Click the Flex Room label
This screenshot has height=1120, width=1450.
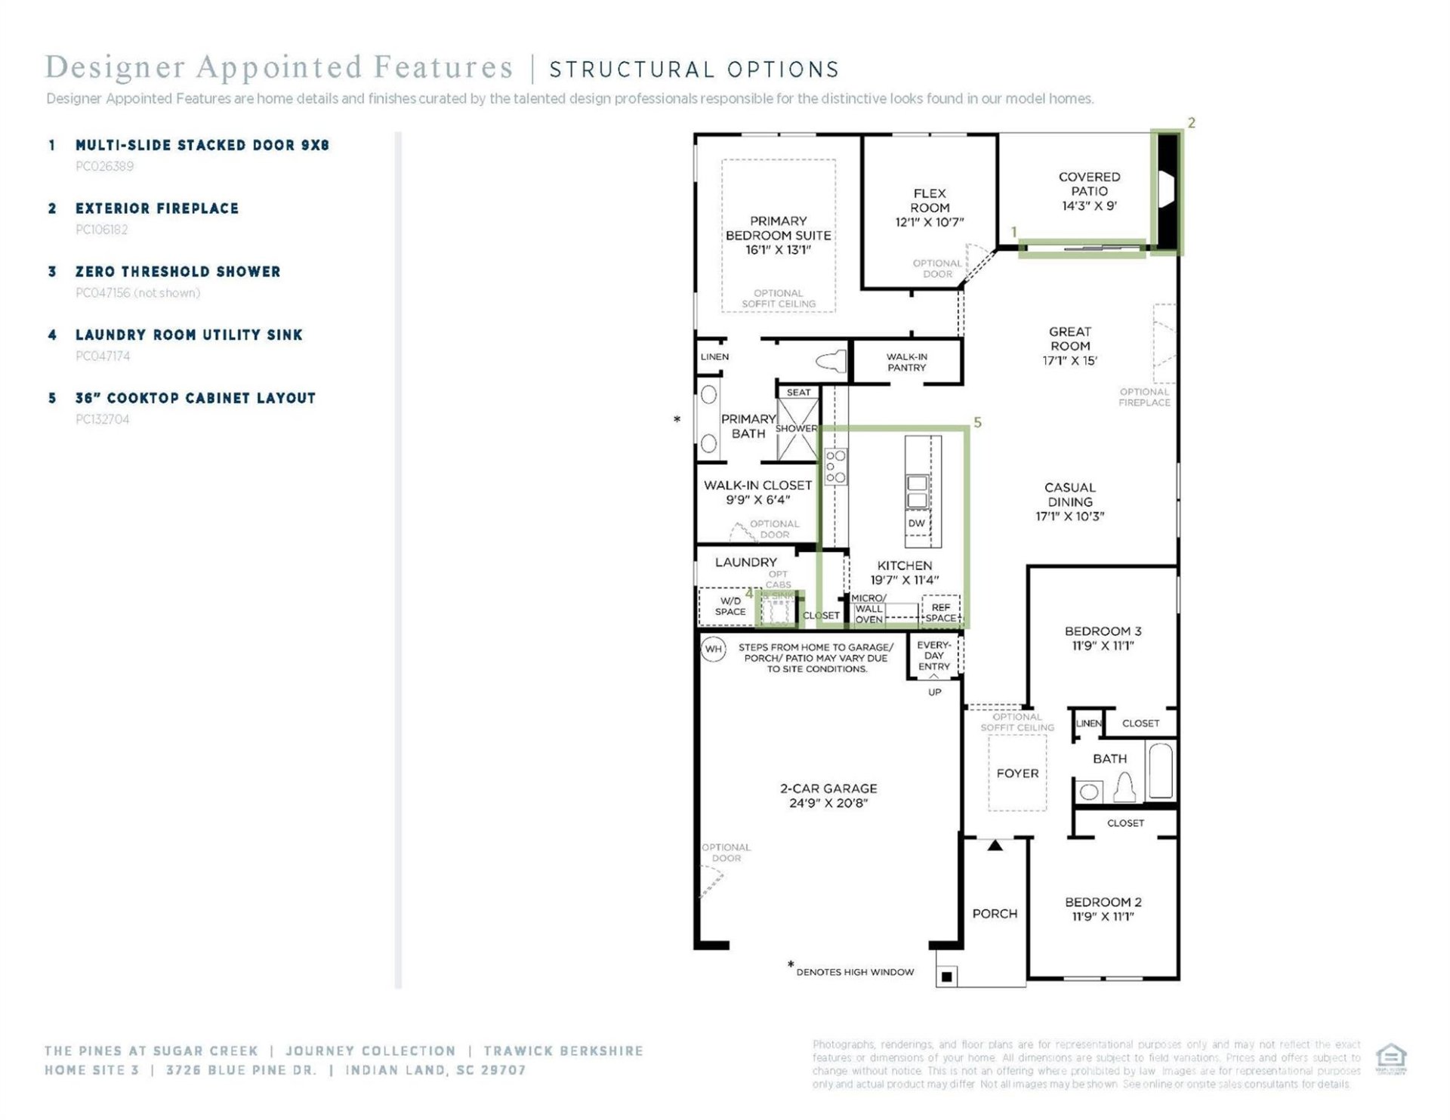pyautogui.click(x=929, y=201)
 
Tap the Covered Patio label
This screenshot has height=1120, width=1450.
pyautogui.click(x=1088, y=184)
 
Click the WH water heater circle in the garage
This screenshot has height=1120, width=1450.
pyautogui.click(x=713, y=649)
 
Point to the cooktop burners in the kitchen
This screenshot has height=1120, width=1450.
pyautogui.click(x=835, y=467)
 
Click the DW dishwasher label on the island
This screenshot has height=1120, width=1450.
pyautogui.click(x=916, y=523)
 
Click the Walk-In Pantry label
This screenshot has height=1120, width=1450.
pyautogui.click(x=906, y=362)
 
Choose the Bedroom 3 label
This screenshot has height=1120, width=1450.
pyautogui.click(x=1103, y=631)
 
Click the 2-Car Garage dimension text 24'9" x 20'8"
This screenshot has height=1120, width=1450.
pyautogui.click(x=828, y=803)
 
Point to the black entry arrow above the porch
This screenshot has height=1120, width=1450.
pyautogui.click(x=995, y=845)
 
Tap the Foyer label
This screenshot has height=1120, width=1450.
pyautogui.click(x=1017, y=773)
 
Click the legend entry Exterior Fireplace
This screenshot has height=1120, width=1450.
pyautogui.click(x=156, y=208)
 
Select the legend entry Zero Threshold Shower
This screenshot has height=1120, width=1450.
pyautogui.click(x=177, y=272)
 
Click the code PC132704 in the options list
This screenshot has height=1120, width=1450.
pyautogui.click(x=103, y=419)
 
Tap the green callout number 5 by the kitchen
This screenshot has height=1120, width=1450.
pyautogui.click(x=977, y=422)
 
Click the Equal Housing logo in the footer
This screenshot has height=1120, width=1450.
pyautogui.click(x=1390, y=1057)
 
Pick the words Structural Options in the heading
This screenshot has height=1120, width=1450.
pyautogui.click(x=693, y=69)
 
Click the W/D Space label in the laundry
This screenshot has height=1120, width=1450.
pyautogui.click(x=730, y=606)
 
